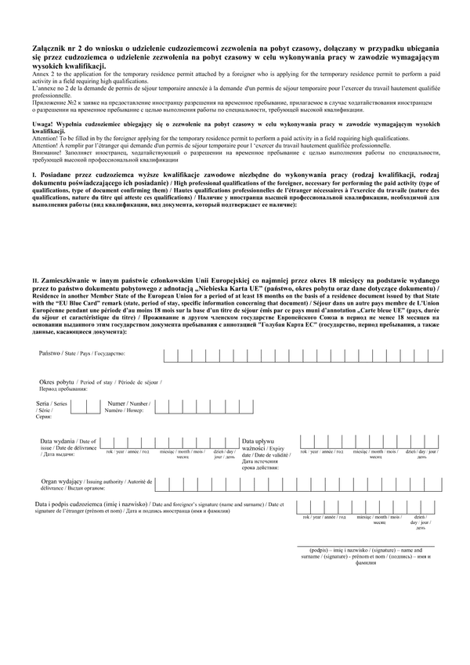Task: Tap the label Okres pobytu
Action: click(57, 381)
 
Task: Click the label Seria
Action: click(43, 403)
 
